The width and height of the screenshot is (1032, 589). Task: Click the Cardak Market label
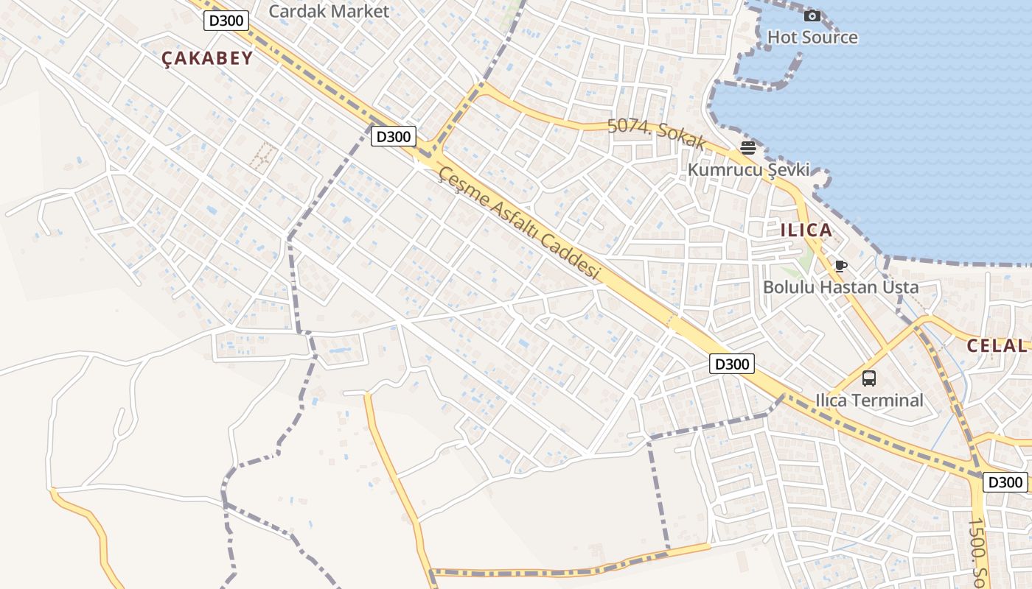329,11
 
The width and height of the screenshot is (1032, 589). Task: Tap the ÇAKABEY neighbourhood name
207,58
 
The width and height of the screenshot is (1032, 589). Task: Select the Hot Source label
812,37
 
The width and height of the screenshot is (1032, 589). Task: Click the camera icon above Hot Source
812,15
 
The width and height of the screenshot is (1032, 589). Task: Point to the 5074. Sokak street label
657,135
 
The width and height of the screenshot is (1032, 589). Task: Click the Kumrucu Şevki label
748,169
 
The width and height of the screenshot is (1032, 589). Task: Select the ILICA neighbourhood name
806,230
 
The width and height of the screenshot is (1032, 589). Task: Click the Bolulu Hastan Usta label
840,286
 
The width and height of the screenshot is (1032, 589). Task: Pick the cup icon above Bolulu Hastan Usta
840,266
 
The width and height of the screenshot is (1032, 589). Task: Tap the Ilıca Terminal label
869,400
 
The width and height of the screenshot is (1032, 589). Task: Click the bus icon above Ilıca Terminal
869,378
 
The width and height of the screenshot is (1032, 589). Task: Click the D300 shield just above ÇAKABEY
226,21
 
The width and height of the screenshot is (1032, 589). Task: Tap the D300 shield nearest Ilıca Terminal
732,363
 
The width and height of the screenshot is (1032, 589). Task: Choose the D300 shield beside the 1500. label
1005,482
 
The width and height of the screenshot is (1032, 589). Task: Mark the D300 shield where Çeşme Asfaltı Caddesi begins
393,136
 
